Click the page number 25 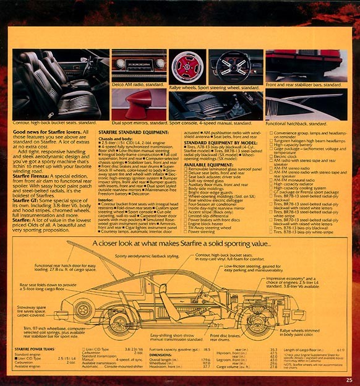point(349,380)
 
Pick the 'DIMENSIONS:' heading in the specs point(163,354)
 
